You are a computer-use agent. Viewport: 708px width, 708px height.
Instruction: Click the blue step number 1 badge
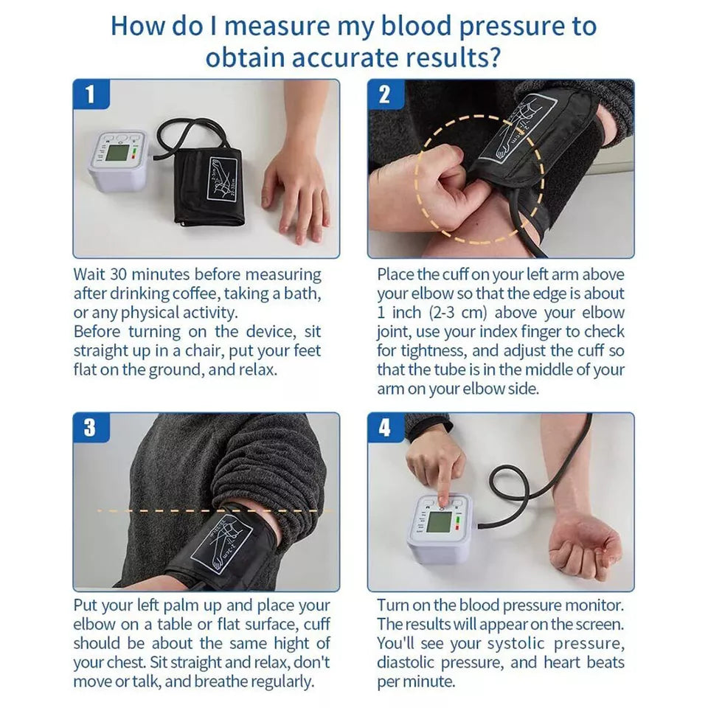(x=90, y=95)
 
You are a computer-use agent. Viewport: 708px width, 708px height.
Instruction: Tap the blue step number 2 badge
(x=384, y=95)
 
